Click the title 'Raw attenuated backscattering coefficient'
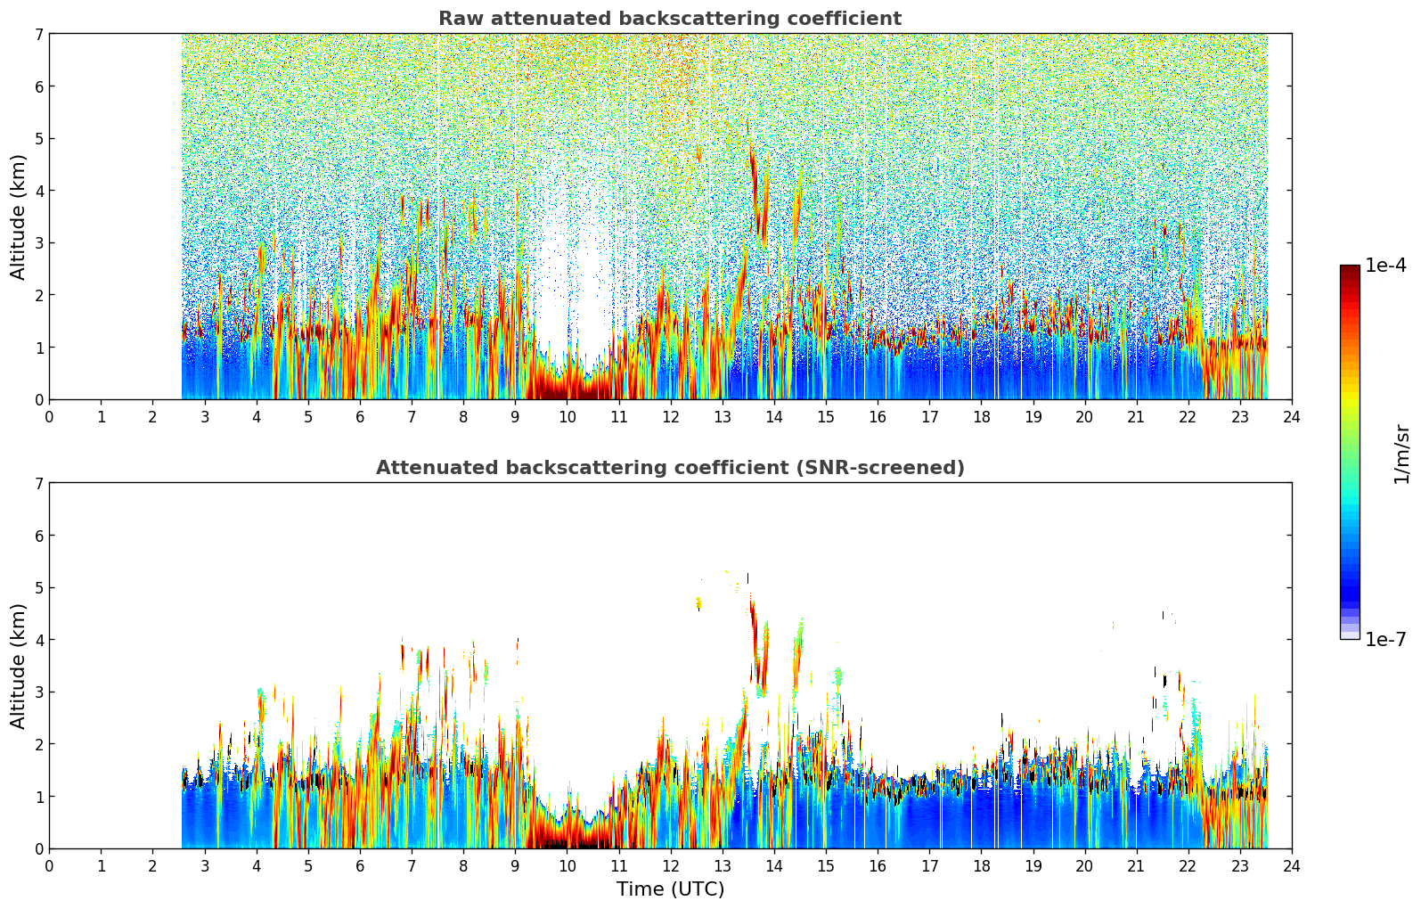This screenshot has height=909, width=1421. (x=669, y=19)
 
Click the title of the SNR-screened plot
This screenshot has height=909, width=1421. (x=669, y=468)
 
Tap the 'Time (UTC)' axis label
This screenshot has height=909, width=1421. (x=670, y=889)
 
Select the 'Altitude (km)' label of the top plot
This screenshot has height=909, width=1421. (x=19, y=217)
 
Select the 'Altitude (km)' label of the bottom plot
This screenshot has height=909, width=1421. (x=19, y=666)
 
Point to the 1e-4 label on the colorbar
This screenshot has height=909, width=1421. (x=1385, y=266)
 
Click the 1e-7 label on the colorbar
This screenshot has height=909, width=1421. (x=1385, y=639)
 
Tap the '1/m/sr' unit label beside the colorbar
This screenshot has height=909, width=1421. (x=1401, y=453)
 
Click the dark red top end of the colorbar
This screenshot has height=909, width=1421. (x=1349, y=269)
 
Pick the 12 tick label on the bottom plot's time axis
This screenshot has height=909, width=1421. (x=670, y=865)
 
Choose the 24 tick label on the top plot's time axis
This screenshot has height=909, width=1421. (x=1291, y=416)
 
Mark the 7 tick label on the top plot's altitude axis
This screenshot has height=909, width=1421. (x=38, y=34)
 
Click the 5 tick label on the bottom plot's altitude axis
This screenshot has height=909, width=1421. (x=38, y=587)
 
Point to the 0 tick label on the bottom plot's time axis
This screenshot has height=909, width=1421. (x=49, y=865)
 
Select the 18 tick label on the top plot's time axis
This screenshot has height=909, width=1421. (x=981, y=416)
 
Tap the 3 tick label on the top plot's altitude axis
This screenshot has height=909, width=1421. (x=38, y=242)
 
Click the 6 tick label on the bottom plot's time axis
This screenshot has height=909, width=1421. (x=360, y=865)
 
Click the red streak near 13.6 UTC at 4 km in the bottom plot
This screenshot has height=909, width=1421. (x=753, y=628)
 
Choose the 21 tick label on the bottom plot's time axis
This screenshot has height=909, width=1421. (x=1136, y=865)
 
